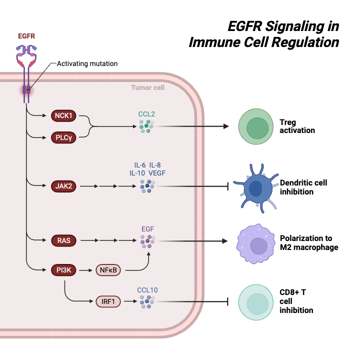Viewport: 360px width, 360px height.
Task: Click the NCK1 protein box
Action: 63,116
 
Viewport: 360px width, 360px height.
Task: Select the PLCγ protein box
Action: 63,136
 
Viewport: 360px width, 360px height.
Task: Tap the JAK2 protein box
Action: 63,186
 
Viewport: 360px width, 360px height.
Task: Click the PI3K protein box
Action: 63,270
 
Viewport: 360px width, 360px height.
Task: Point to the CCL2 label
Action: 146,114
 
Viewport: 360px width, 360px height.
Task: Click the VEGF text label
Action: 157,173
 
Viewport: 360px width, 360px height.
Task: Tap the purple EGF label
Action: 147,229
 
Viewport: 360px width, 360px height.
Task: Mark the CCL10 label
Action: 147,289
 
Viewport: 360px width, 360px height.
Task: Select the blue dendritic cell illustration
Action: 256,188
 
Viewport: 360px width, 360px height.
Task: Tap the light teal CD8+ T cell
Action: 257,302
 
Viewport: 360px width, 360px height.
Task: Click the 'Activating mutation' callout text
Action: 87,63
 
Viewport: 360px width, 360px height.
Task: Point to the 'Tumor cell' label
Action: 147,87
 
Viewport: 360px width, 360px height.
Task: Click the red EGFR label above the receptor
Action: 26,36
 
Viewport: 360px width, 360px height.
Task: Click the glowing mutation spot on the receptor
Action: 26,90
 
